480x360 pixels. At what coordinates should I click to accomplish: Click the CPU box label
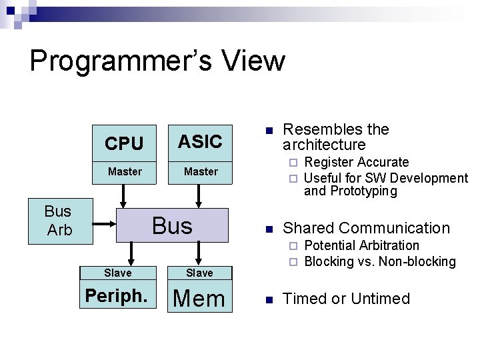click(124, 143)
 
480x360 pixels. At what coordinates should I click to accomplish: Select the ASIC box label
click(200, 141)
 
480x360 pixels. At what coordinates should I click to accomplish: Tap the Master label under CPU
click(125, 171)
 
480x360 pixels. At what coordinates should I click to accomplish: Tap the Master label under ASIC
click(201, 171)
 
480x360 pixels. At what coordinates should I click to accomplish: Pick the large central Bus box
click(172, 225)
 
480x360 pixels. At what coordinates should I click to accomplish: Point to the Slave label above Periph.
click(118, 273)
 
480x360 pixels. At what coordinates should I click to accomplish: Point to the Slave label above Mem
click(199, 273)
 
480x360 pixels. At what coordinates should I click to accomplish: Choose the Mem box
click(199, 298)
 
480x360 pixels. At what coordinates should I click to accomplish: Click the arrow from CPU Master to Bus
click(123, 195)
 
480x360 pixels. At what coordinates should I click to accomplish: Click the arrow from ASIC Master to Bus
click(199, 195)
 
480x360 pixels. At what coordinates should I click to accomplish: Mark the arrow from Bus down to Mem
click(199, 253)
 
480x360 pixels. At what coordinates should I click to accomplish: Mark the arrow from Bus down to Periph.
click(131, 253)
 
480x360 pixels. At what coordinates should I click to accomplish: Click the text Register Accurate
click(356, 162)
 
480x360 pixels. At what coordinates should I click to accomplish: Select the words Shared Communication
click(366, 228)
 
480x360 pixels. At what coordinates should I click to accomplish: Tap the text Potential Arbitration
click(361, 245)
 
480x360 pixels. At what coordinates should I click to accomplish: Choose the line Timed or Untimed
click(346, 299)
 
